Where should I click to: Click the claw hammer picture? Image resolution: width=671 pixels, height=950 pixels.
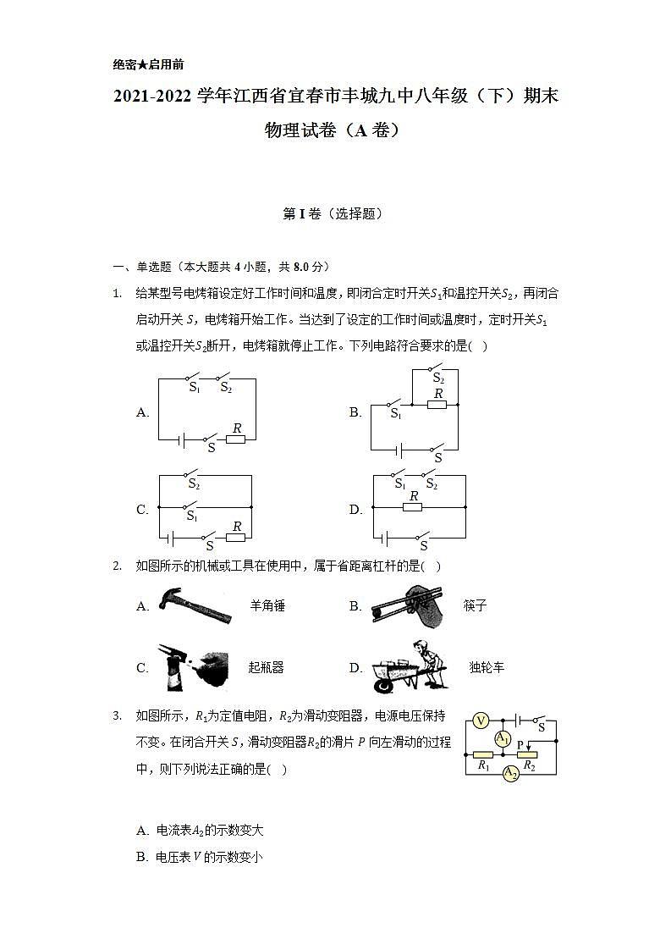(x=194, y=605)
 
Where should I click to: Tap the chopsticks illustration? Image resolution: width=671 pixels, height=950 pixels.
(x=406, y=606)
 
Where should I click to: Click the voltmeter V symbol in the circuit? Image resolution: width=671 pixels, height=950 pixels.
(x=480, y=721)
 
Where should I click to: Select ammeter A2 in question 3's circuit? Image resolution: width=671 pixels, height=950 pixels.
(x=510, y=774)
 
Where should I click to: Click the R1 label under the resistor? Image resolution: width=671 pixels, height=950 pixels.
(x=484, y=765)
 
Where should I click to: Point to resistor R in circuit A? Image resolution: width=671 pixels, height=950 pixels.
(x=236, y=439)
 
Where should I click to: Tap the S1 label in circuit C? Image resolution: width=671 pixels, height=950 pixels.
(x=193, y=516)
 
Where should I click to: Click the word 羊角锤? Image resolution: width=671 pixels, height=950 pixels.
(x=267, y=606)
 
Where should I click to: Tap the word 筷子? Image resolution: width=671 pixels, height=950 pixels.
(x=475, y=606)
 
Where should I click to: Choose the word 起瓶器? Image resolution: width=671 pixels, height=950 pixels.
(x=266, y=667)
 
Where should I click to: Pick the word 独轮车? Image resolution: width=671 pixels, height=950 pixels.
(x=487, y=667)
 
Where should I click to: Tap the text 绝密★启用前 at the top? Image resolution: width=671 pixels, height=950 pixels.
(x=147, y=64)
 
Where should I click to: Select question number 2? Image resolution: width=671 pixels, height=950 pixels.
(x=118, y=566)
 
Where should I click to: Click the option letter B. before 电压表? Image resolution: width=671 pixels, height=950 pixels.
(x=142, y=857)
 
